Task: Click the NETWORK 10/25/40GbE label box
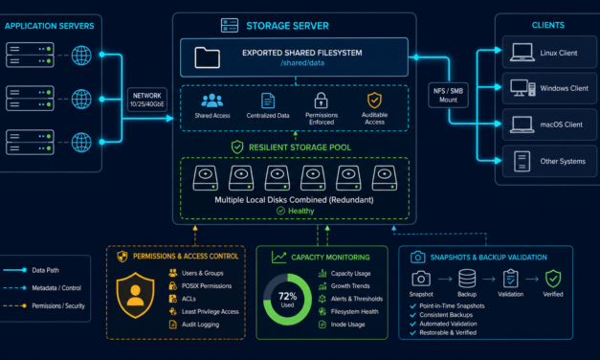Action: [147, 100]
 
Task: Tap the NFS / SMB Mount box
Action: [448, 95]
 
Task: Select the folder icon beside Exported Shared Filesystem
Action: [207, 57]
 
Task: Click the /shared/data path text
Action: [302, 63]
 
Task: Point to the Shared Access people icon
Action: [212, 101]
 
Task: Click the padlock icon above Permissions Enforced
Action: [321, 101]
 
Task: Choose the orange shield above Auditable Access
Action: [374, 101]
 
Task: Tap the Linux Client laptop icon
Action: [522, 53]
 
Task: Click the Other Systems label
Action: [563, 161]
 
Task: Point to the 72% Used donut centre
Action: [287, 299]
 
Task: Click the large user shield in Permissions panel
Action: [136, 295]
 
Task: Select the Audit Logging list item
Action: [194, 325]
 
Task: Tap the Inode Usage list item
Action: [342, 325]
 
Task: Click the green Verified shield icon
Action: [553, 279]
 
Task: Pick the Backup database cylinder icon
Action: [467, 279]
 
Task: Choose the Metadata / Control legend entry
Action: [42, 288]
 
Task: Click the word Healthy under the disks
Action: [300, 211]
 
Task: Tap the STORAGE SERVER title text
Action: [287, 26]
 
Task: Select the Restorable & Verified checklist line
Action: [443, 333]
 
